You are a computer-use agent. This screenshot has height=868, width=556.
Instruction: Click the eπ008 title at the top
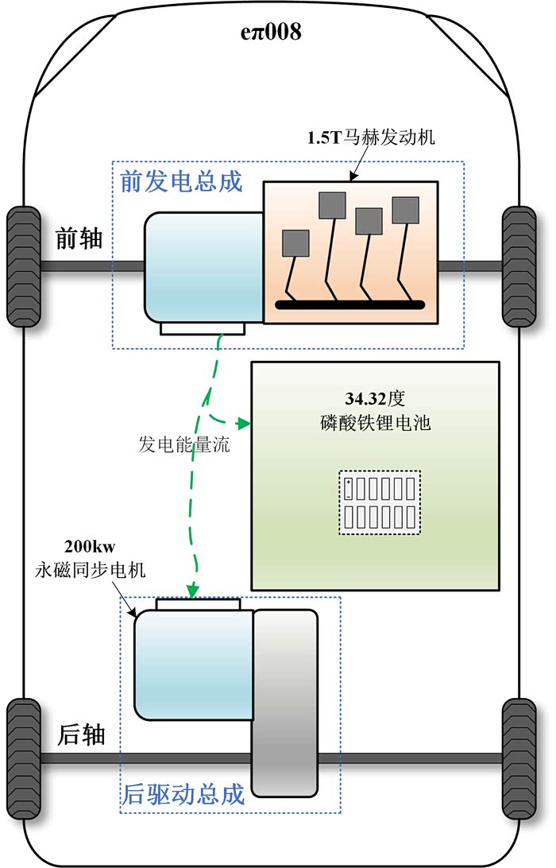click(x=271, y=33)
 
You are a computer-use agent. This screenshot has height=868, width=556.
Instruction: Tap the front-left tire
click(x=23, y=266)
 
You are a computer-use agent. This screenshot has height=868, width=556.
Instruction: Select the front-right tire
click(x=519, y=266)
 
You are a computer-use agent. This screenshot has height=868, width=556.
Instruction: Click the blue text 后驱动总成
click(x=183, y=794)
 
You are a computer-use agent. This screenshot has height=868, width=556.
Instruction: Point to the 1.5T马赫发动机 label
click(x=372, y=138)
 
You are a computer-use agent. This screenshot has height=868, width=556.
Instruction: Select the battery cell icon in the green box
click(x=380, y=502)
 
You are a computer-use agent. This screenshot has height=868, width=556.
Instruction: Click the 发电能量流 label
click(x=184, y=445)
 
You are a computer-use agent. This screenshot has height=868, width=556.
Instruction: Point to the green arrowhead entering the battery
click(x=245, y=423)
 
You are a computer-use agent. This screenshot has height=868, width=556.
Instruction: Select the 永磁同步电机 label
click(x=91, y=570)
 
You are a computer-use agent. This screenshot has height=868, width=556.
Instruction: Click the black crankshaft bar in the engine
click(x=349, y=304)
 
